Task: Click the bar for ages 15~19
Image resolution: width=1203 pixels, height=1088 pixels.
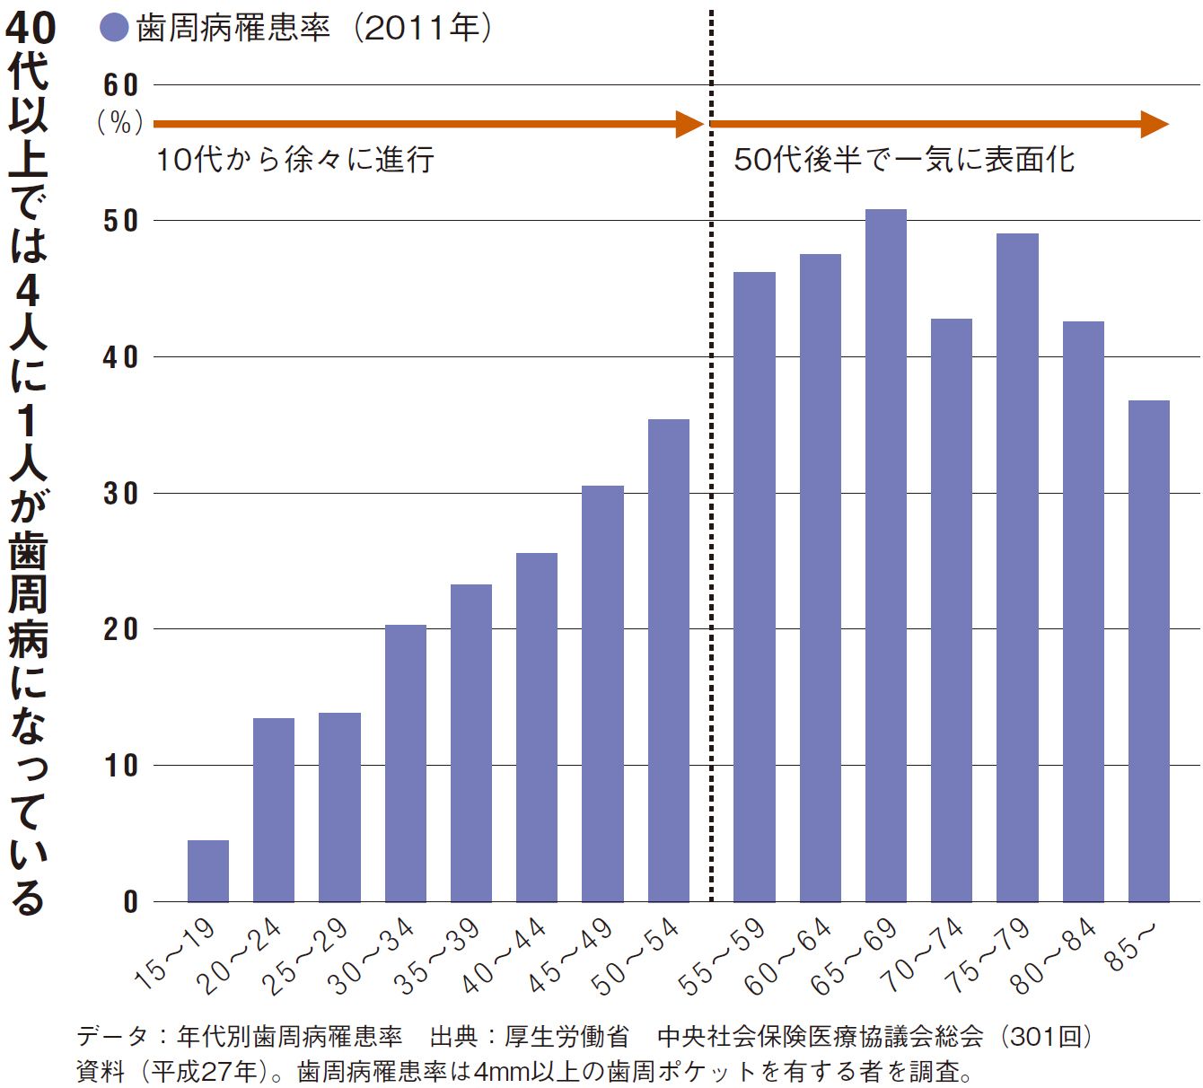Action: pos(207,871)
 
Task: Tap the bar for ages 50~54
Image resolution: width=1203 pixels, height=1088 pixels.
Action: pos(668,660)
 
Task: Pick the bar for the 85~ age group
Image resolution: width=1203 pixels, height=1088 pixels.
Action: pos(1148,651)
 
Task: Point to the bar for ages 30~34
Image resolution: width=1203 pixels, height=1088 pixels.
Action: pos(405,763)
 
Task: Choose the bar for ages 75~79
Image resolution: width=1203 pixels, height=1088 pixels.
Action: pos(1017,567)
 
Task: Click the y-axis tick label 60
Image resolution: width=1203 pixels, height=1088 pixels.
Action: pos(120,85)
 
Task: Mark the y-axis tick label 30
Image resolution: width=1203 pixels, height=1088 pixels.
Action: pos(120,493)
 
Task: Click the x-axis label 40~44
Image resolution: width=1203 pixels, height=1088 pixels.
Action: pos(505,955)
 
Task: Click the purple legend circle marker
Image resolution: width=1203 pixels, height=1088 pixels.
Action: pos(115,29)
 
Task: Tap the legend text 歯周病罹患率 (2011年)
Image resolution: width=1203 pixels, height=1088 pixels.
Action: pos(314,29)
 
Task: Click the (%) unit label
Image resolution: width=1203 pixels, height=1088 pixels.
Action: pos(120,122)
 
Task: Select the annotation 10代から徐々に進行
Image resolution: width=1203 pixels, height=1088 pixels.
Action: pos(295,160)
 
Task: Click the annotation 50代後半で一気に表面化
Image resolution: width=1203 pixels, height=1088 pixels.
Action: pos(904,160)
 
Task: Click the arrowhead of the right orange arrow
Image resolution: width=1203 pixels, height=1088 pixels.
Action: pos(1155,124)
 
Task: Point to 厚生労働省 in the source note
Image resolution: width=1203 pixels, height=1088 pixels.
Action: pos(566,1037)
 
